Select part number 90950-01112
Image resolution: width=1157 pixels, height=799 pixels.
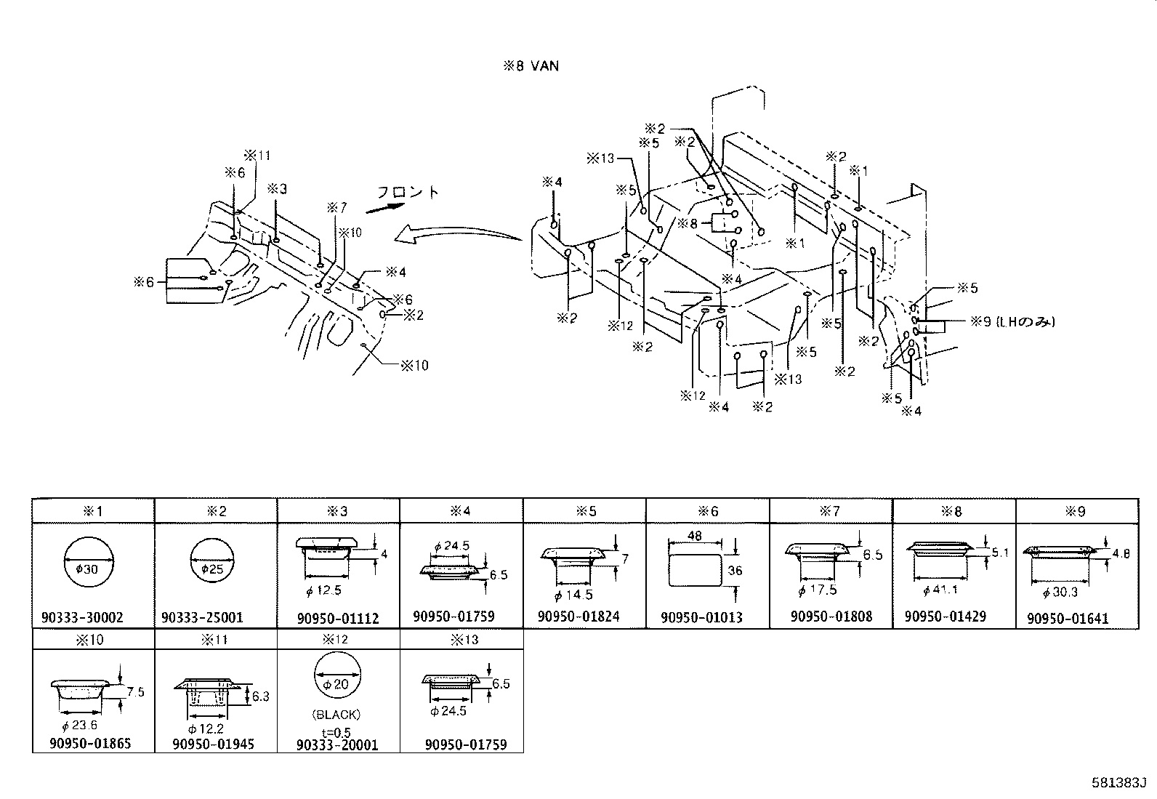[x=338, y=619]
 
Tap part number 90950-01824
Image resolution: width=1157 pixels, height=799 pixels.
[x=578, y=617]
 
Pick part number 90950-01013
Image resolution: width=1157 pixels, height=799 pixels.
[x=702, y=618]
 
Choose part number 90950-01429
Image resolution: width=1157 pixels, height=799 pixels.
[x=946, y=617]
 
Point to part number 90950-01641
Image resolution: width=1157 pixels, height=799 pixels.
[x=1068, y=619]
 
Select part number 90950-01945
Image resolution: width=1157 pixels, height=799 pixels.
[x=214, y=744]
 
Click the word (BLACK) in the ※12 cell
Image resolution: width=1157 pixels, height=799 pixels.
[x=337, y=715]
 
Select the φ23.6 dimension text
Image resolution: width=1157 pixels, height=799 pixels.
[x=80, y=725]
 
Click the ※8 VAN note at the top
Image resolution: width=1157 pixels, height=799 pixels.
[x=531, y=66]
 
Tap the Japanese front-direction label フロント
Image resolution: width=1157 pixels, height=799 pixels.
[x=408, y=193]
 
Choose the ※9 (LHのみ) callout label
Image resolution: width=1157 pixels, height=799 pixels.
[x=1012, y=321]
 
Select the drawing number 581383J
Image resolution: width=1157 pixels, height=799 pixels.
[x=1118, y=783]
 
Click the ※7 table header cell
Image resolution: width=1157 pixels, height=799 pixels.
[x=830, y=511]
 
